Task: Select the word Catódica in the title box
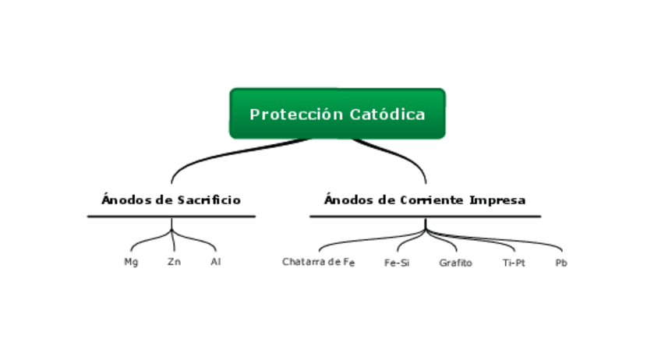click(387, 115)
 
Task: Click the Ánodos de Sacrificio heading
click(171, 200)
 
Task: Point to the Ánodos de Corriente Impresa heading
click(425, 200)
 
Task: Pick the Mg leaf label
click(131, 262)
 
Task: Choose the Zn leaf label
click(174, 262)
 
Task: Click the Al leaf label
click(216, 262)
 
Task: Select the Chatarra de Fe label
click(318, 262)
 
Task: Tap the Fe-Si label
click(397, 263)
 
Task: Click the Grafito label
click(455, 263)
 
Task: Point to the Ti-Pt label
click(514, 263)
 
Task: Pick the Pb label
click(561, 263)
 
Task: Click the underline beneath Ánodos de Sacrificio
click(171, 216)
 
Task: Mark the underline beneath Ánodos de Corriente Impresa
click(425, 216)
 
